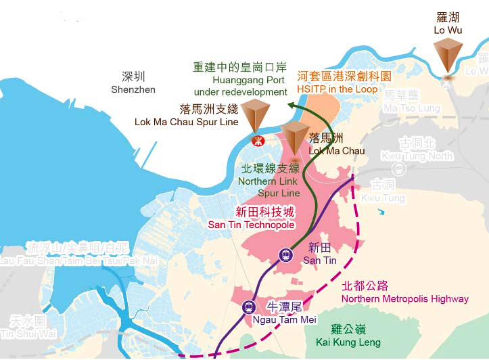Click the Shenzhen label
coord(134,83)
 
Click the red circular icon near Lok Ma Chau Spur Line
coord(257,141)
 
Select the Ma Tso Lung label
coord(412,102)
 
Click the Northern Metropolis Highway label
coord(404,292)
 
